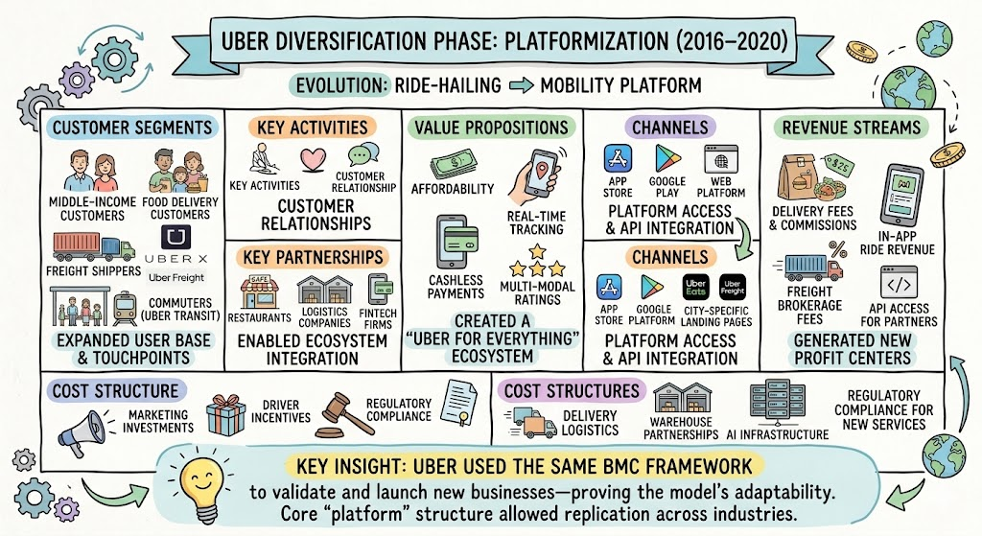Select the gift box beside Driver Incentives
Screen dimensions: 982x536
(x=226, y=414)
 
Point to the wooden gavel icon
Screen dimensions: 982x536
(x=342, y=414)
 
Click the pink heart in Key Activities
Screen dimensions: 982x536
(x=313, y=159)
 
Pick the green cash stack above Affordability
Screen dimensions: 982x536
(x=453, y=165)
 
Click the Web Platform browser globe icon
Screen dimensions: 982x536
(x=721, y=160)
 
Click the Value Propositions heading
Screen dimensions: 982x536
(x=492, y=128)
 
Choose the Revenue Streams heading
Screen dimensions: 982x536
(x=852, y=128)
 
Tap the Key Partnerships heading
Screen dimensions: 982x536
(x=313, y=257)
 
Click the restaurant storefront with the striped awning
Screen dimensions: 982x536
(x=259, y=291)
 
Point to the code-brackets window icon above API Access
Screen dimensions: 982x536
(x=899, y=283)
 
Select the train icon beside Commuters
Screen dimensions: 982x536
(x=126, y=309)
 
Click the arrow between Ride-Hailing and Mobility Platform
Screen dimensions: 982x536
(x=521, y=85)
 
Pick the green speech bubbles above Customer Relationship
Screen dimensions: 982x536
(x=363, y=154)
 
